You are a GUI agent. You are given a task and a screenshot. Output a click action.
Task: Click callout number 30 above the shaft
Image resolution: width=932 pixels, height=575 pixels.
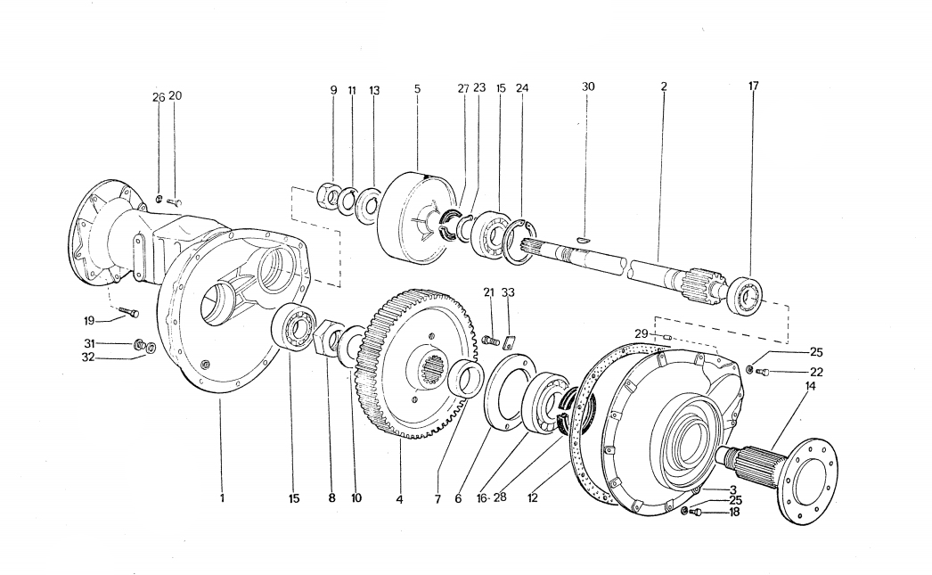click(588, 86)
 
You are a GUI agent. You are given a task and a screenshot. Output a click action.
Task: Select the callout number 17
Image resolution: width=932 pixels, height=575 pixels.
click(753, 86)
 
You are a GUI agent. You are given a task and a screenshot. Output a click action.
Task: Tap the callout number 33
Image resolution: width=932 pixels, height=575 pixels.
click(508, 292)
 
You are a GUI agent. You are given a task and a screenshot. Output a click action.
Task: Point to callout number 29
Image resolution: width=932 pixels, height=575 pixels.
click(641, 334)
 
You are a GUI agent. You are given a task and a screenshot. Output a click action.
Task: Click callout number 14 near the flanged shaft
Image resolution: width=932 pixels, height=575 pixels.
click(810, 387)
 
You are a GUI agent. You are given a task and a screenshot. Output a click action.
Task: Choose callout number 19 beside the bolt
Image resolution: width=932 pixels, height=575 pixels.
click(89, 322)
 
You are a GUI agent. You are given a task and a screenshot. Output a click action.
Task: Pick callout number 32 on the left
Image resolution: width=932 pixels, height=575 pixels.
click(88, 358)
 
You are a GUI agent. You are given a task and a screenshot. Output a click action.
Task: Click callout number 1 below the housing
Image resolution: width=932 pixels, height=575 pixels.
click(222, 498)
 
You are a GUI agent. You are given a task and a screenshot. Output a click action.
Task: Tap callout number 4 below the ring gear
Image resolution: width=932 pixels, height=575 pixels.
click(399, 499)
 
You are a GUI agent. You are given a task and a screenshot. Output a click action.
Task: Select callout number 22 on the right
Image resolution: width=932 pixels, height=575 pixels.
click(817, 373)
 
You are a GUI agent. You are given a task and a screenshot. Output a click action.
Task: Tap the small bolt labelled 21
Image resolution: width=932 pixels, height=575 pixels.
click(489, 341)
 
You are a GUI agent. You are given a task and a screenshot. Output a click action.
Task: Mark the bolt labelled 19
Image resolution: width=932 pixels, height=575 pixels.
click(128, 312)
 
